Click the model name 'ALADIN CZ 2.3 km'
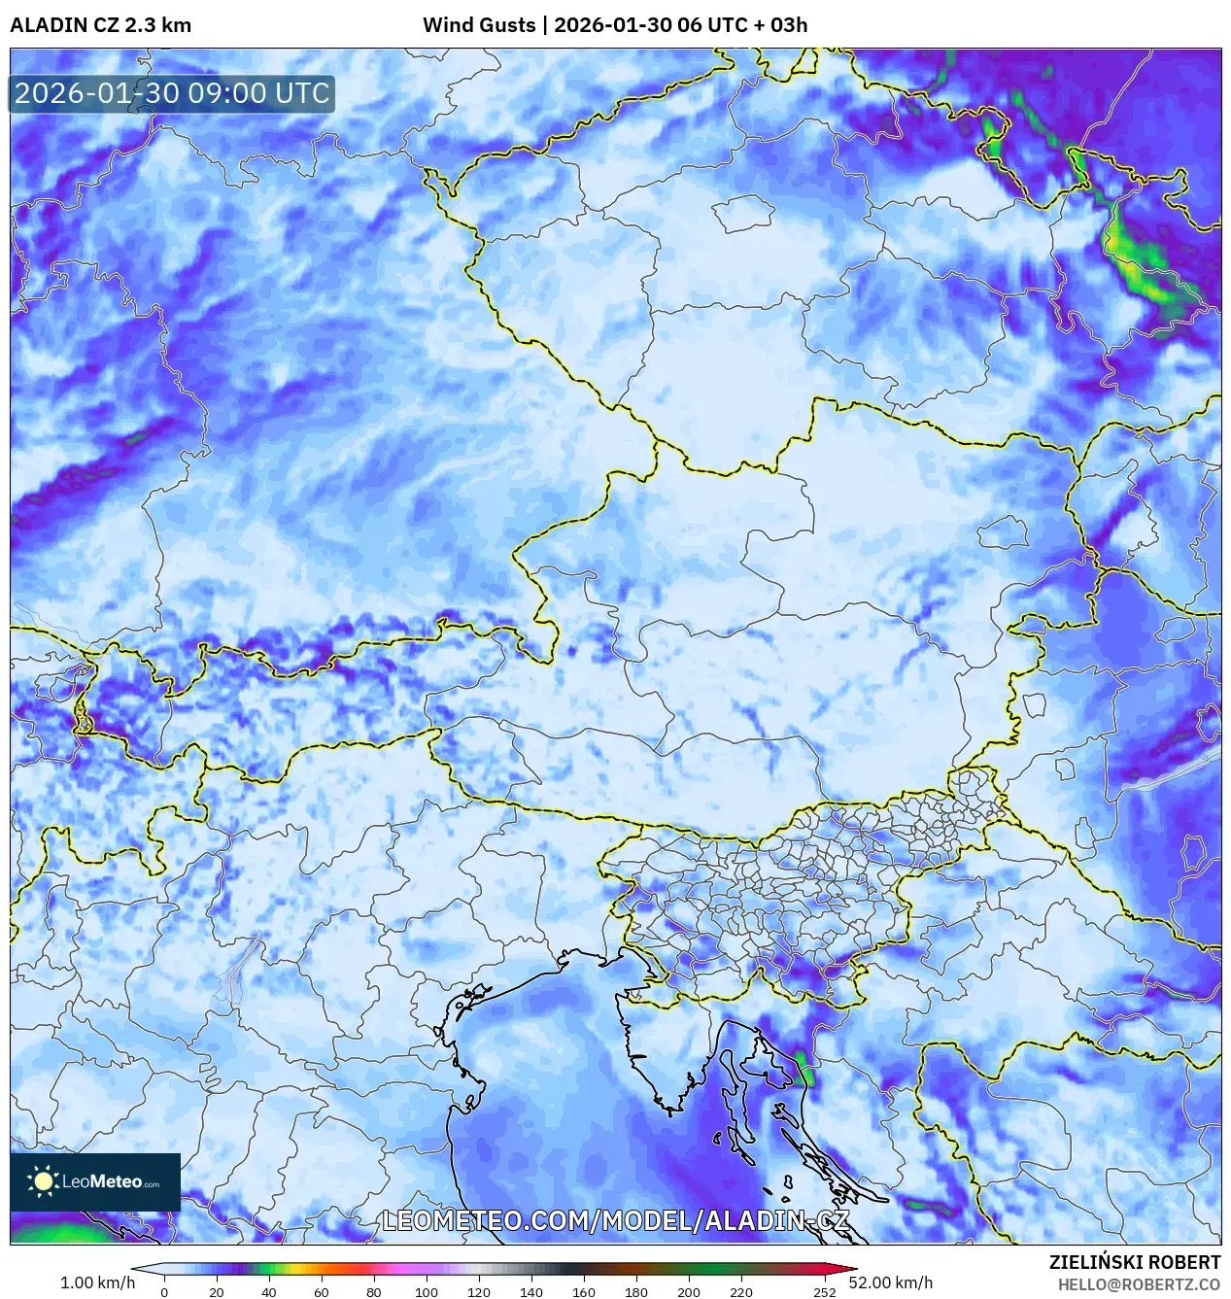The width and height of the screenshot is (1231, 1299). (100, 25)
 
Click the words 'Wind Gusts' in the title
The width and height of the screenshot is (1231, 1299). (478, 25)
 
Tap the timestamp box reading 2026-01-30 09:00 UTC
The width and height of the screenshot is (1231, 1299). (172, 93)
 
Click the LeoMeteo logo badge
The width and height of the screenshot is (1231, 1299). (95, 1181)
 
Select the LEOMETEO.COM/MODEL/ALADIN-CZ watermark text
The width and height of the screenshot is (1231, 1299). (616, 1221)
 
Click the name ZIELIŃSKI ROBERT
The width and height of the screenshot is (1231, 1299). (1134, 1262)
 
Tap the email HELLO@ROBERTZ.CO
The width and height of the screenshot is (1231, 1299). (1139, 1284)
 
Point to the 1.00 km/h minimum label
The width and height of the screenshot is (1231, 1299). (97, 1282)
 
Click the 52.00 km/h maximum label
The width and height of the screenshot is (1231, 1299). (890, 1282)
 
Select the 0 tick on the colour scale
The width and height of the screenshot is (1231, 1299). (164, 1292)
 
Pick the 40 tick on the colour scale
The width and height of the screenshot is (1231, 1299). (269, 1292)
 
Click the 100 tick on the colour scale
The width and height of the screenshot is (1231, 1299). (427, 1292)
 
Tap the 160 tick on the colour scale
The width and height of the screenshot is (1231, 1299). (584, 1292)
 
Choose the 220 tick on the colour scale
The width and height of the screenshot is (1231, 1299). (741, 1292)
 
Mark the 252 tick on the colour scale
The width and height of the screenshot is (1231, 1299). (825, 1292)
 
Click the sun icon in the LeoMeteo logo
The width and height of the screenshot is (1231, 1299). (44, 1181)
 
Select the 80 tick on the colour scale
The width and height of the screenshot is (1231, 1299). (374, 1292)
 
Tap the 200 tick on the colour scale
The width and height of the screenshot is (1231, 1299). (689, 1292)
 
